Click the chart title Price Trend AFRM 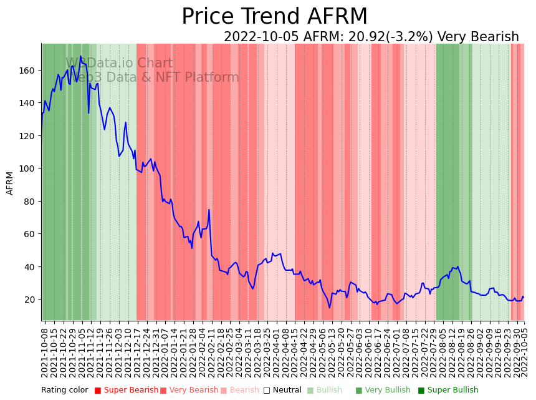point(274,17)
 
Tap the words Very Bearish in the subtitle point(478,37)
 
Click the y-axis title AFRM point(10,183)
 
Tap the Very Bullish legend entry point(383,391)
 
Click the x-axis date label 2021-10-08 point(44,352)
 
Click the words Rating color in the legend point(65,391)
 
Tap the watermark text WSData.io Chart point(119,63)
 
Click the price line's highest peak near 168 point(80,57)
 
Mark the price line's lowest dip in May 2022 point(330,307)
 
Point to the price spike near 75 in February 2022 point(209,210)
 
